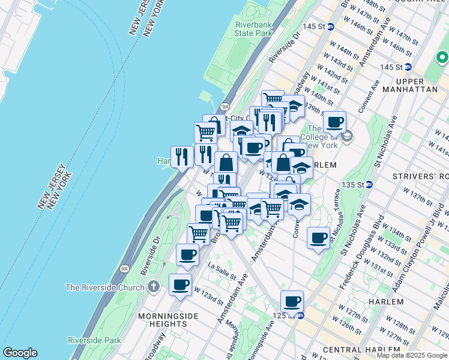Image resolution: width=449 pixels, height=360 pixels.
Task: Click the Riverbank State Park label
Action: click(254, 29)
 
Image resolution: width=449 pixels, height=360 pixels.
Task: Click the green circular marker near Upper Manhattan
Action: click(442, 58)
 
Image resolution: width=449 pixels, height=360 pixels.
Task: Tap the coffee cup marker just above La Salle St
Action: click(187, 254)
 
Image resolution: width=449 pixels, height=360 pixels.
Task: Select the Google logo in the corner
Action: click(20, 353)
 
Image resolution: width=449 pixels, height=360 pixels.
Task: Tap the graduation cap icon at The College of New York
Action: click(347, 137)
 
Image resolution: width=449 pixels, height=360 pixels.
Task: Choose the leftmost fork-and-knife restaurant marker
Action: click(182, 157)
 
